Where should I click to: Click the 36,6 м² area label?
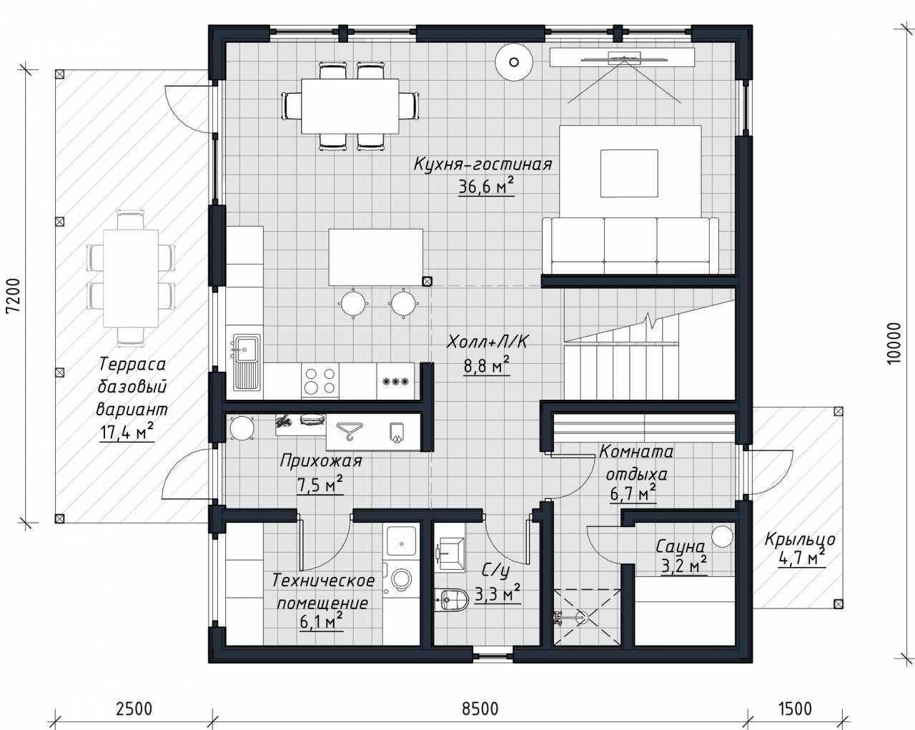486,187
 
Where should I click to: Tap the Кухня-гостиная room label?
483,164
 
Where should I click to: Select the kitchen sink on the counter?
246,362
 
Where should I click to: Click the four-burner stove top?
320,381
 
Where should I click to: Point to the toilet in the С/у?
452,600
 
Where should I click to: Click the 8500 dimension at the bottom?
480,709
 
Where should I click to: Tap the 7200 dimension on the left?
14,296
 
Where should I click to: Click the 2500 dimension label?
134,709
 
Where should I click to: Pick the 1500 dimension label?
795,709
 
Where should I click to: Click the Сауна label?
681,547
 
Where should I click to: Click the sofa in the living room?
630,245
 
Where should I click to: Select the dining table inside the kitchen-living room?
350,106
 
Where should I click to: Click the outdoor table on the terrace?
131,278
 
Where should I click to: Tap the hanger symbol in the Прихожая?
350,430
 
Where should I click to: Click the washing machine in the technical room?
401,578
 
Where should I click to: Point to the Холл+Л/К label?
487,342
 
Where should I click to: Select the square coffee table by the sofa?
629,173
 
